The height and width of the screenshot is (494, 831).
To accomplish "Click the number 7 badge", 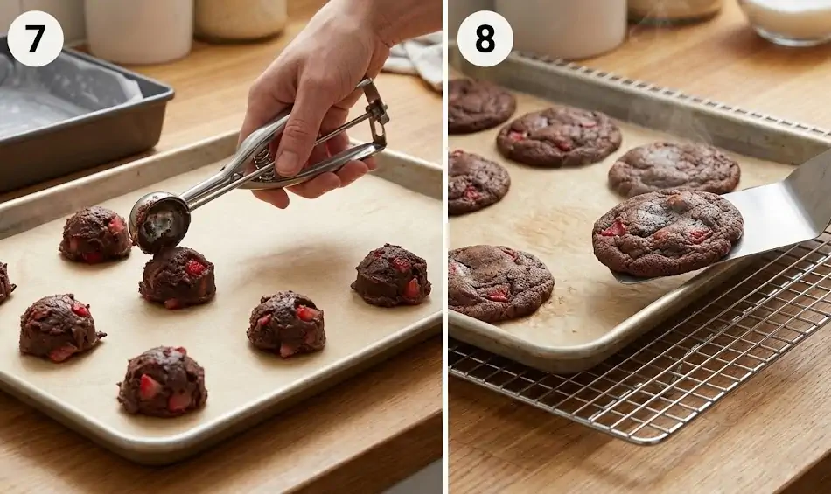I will click(35, 38).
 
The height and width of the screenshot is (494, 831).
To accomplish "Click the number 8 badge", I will click(485, 38).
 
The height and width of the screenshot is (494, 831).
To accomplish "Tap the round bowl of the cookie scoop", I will click(161, 222).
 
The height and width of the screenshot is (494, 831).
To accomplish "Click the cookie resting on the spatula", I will click(667, 232).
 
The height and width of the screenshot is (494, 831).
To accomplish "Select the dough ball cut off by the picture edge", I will click(5, 282).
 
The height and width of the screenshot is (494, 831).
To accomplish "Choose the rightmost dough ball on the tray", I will click(391, 275).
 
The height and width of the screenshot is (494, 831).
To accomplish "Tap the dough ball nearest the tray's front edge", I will click(163, 381).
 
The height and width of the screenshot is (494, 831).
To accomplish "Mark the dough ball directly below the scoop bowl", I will click(178, 277).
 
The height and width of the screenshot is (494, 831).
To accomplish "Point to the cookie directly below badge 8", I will click(480, 105).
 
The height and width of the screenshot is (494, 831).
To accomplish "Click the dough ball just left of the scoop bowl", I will click(94, 234).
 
